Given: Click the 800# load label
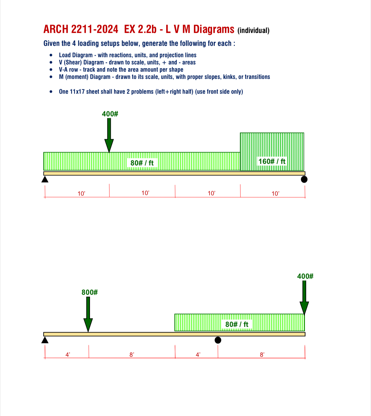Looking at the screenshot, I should coord(90,292).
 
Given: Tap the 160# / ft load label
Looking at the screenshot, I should coord(272,161).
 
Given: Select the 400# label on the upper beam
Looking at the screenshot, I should coord(110,114).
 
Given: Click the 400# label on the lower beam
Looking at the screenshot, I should coord(305,276).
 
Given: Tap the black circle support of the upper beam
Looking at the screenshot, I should coord(304,179).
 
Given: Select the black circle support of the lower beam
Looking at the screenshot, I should coord(218,340).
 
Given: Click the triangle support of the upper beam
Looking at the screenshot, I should coord(45,179).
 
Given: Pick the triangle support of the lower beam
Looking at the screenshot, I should coord(45,340).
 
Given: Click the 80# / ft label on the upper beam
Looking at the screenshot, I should coord(142,163).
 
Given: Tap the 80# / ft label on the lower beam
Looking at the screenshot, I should coord(237,324).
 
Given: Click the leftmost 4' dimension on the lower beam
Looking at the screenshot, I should coord(68,355).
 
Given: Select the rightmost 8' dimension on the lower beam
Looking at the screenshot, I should coord(262,355).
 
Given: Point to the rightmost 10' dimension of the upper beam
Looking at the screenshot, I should coord(275,194).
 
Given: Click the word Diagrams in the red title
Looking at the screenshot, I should coord(214,29).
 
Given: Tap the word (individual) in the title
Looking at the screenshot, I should coord(253,31).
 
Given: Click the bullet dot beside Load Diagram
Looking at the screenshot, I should coord(51,55).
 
